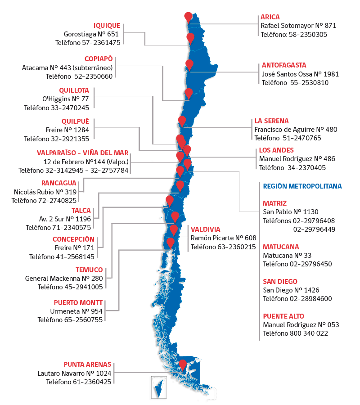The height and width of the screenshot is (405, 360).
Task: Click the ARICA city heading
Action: point(270,17)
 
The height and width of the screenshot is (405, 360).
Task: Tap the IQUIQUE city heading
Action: point(107,26)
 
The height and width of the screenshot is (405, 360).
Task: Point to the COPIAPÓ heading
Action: point(98,59)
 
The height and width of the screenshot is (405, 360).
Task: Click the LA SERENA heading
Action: point(271,121)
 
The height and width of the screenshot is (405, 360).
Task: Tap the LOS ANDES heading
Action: point(276,150)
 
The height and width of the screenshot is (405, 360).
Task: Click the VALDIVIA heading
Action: point(205,229)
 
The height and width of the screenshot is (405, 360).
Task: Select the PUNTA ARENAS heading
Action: point(87,364)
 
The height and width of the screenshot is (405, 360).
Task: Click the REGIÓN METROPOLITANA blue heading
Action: point(301,186)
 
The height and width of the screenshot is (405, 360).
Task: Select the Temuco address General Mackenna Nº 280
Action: point(64,278)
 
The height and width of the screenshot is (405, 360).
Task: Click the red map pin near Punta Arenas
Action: point(182,364)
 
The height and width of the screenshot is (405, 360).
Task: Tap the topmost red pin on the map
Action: point(188,17)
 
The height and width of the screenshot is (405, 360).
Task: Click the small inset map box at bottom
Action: point(158,386)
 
